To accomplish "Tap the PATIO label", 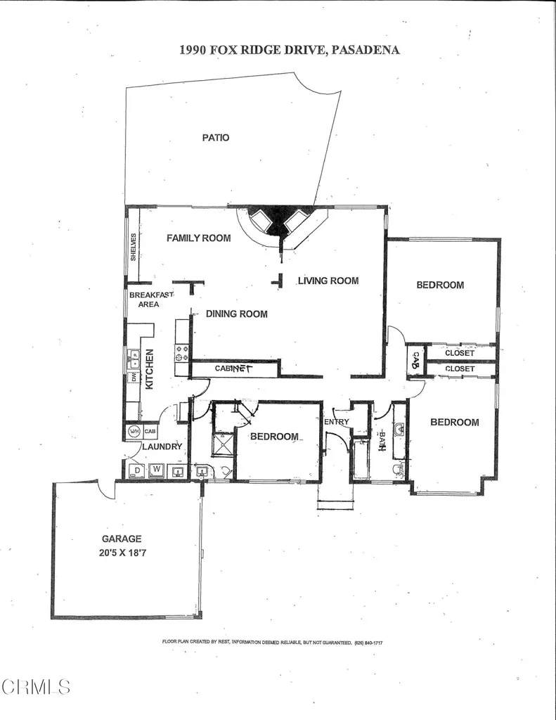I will click(x=216, y=138).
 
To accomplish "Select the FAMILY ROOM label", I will click(x=198, y=238).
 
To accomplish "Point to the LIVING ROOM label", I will click(x=328, y=281).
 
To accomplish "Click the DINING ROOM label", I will click(x=236, y=314).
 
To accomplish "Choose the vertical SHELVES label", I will click(x=133, y=247).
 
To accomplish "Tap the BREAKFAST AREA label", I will click(x=149, y=300).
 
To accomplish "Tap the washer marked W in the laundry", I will click(x=157, y=469).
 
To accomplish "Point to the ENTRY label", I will click(x=337, y=421).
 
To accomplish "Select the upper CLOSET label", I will click(x=460, y=353).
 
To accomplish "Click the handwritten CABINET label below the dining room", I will click(x=233, y=368).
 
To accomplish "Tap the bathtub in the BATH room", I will click(x=361, y=460).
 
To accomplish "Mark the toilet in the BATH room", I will click(x=399, y=467).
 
